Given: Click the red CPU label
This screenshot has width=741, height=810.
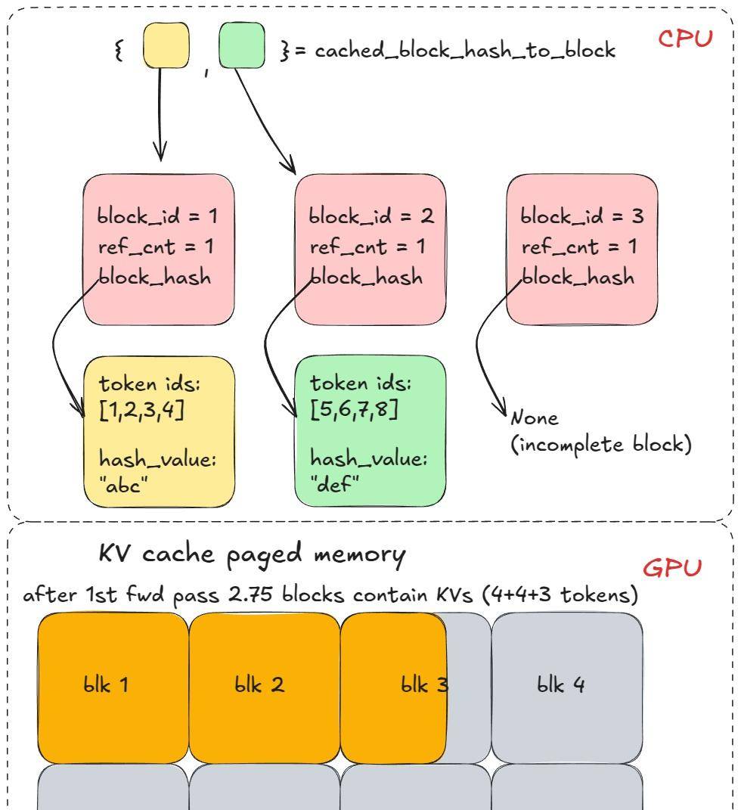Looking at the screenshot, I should pyautogui.click(x=684, y=39).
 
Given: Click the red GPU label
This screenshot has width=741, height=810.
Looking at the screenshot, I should pyautogui.click(x=673, y=568).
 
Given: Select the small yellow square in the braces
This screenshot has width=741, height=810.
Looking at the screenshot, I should pyautogui.click(x=166, y=45).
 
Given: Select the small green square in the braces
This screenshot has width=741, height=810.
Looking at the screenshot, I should pyautogui.click(x=242, y=45).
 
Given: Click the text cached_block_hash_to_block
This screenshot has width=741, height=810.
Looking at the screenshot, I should pyautogui.click(x=464, y=51).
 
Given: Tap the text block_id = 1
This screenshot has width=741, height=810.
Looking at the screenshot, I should pyautogui.click(x=157, y=216).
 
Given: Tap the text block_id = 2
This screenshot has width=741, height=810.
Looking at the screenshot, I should pyautogui.click(x=370, y=216).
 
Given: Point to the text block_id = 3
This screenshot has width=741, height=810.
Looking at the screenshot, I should pyautogui.click(x=581, y=216).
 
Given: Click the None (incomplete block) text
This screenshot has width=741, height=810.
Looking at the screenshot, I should pyautogui.click(x=602, y=432).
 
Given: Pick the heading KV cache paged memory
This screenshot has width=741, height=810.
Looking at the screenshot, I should pyautogui.click(x=252, y=554).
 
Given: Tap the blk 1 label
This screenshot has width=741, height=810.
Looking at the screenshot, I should pyautogui.click(x=105, y=685).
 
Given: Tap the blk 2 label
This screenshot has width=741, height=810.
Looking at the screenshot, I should pyautogui.click(x=259, y=685).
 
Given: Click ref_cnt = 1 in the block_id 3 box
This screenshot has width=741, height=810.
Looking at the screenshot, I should pyautogui.click(x=579, y=247).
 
